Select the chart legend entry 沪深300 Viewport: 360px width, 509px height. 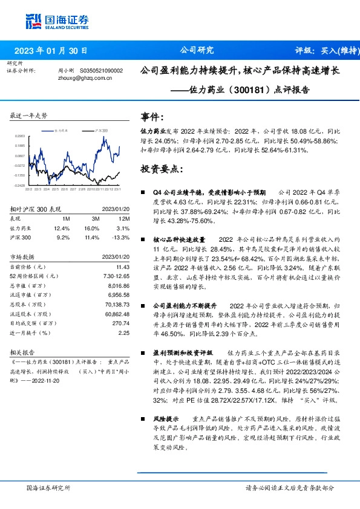[101, 130]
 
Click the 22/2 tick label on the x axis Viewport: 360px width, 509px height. [29, 189]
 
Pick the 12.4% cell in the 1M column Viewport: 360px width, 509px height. [62, 228]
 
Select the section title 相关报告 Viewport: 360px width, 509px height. [23, 351]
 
